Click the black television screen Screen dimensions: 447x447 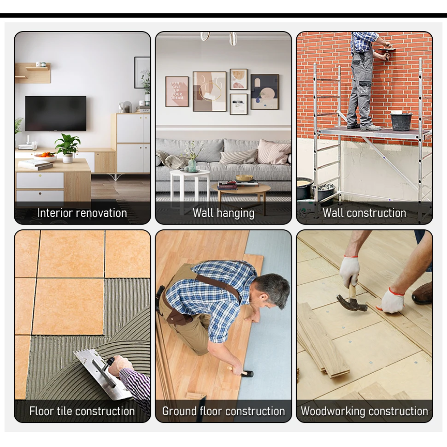(x=55, y=113)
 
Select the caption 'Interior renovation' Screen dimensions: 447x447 (x=82, y=213)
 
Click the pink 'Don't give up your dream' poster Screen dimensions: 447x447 (x=177, y=92)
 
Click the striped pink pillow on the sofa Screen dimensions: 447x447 (x=274, y=152)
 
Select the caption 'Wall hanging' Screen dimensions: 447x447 (x=223, y=213)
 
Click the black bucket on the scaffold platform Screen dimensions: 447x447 (x=401, y=121)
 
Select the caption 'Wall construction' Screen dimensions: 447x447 (x=364, y=213)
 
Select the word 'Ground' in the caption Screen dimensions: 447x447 (x=180, y=411)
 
